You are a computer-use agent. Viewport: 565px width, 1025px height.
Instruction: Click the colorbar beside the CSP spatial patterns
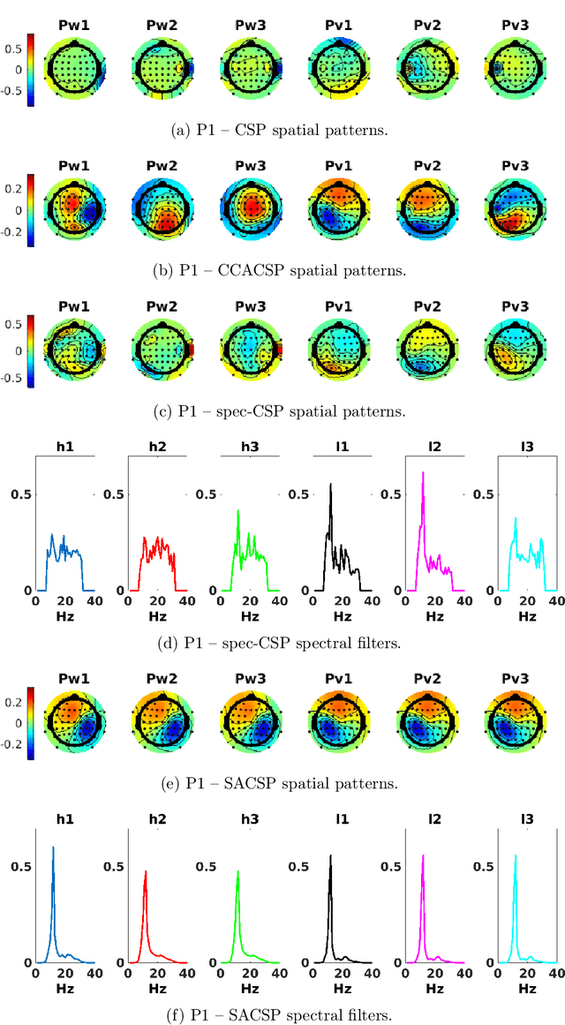point(31,70)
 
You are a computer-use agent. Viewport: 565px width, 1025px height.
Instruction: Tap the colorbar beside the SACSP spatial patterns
point(31,722)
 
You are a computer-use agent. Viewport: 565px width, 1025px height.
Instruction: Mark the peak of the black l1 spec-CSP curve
point(331,484)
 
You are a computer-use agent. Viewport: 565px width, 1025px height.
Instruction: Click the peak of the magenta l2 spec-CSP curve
point(423,472)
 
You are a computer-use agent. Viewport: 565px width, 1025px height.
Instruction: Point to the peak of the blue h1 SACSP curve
point(53,848)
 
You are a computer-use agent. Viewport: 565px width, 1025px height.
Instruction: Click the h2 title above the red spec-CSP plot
point(157,447)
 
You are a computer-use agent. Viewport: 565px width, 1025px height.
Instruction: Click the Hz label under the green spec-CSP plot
point(249,615)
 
